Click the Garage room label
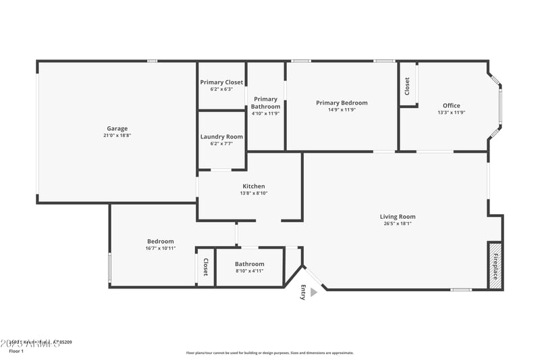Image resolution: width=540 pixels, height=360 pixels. coord(117,128)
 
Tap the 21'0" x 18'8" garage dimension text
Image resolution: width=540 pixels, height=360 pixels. coord(117,136)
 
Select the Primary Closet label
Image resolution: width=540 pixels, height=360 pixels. coord(221,82)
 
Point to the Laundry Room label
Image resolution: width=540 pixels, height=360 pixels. coord(221,136)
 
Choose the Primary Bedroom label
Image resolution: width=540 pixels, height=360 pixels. coord(342,103)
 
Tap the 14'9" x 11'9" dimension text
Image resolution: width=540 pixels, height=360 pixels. coord(342,109)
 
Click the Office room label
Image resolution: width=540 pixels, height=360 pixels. coord(451,105)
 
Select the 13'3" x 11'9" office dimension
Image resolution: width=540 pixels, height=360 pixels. coord(451,113)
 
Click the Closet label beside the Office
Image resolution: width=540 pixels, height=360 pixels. coord(407,85)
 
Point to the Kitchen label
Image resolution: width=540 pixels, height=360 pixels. coord(254,186)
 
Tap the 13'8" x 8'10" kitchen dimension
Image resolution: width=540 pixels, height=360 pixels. coord(254,193)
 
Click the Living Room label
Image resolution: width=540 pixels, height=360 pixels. coord(398,217)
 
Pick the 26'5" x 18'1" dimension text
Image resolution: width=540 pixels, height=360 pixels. coord(398,224)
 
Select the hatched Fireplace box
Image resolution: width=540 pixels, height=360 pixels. coord(495,265)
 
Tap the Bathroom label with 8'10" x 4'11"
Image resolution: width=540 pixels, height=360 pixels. coord(250,264)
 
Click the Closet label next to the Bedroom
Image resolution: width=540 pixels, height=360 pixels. coord(205,267)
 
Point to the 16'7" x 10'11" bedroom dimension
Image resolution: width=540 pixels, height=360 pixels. coord(161,249)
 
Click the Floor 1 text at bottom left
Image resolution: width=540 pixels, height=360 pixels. coord(16,351)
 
